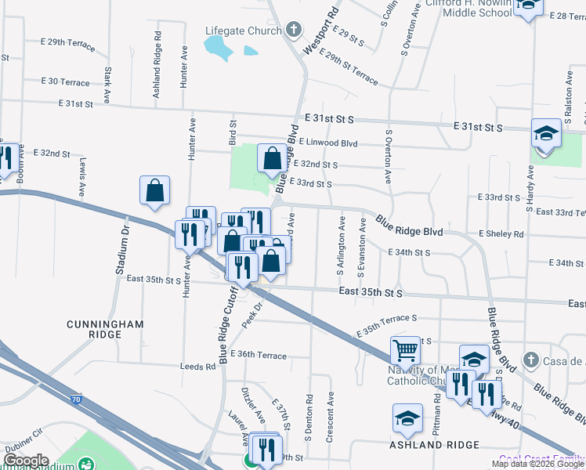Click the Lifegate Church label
point(243,31)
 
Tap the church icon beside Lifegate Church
point(293,31)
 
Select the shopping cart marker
point(406,349)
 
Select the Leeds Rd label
point(197,367)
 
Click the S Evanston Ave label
point(362,248)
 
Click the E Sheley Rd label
point(501,234)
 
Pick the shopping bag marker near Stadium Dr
point(155,190)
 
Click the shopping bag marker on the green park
point(271,159)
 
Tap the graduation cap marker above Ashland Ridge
point(407,418)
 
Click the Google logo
point(27,461)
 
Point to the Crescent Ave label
point(331,417)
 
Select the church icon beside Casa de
point(530,360)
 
